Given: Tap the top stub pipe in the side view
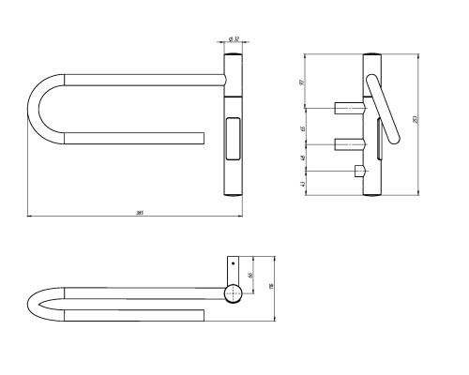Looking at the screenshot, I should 345,106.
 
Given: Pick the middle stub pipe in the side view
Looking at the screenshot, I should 347,144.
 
